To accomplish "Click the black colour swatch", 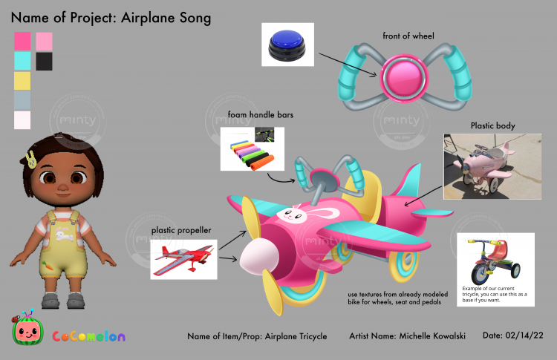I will click(44, 61).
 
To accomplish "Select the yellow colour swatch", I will click(22, 80).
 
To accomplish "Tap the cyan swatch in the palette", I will click(22, 61).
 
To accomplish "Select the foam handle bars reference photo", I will click(253, 149).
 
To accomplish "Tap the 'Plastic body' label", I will click(492, 125).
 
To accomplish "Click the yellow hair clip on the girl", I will click(31, 158).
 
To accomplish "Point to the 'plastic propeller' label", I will click(181, 231).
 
